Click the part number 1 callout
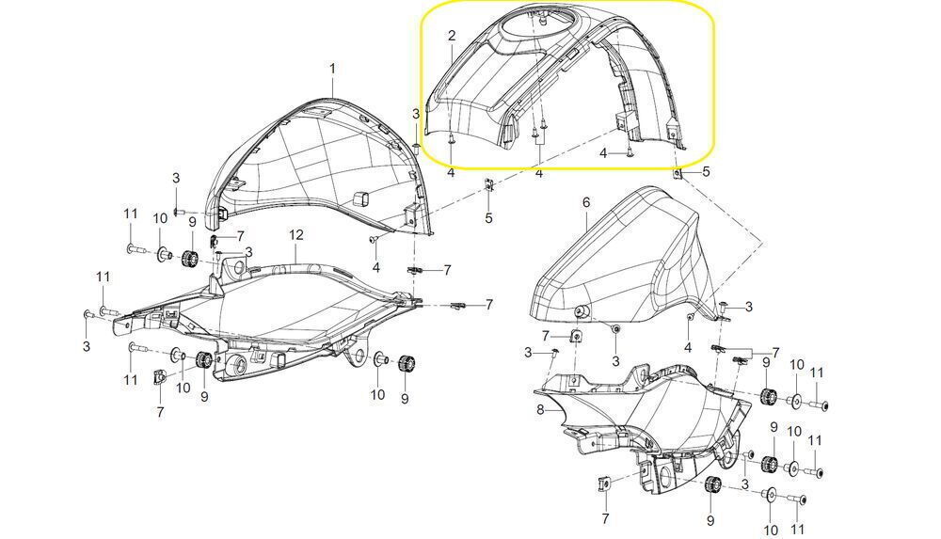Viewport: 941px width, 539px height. pyautogui.click(x=332, y=69)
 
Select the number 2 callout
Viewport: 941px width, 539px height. pyautogui.click(x=452, y=36)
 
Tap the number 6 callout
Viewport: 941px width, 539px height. pyautogui.click(x=586, y=203)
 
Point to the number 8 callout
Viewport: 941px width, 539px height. pyautogui.click(x=540, y=410)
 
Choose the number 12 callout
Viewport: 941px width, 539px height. pyautogui.click(x=296, y=234)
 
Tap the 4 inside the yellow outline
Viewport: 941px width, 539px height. pyautogui.click(x=603, y=154)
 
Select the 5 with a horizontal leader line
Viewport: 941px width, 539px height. pyautogui.click(x=706, y=171)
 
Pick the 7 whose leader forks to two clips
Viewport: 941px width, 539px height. pyautogui.click(x=775, y=353)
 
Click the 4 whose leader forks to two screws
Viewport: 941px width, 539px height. pyautogui.click(x=539, y=173)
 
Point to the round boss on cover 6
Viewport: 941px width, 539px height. pyautogui.click(x=581, y=311)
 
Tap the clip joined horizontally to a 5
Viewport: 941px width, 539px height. pyautogui.click(x=678, y=173)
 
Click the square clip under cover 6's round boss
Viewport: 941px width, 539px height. pyautogui.click(x=576, y=335)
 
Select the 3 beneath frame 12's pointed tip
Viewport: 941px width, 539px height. pyautogui.click(x=87, y=346)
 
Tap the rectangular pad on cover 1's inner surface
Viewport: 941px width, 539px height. pyautogui.click(x=362, y=198)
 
